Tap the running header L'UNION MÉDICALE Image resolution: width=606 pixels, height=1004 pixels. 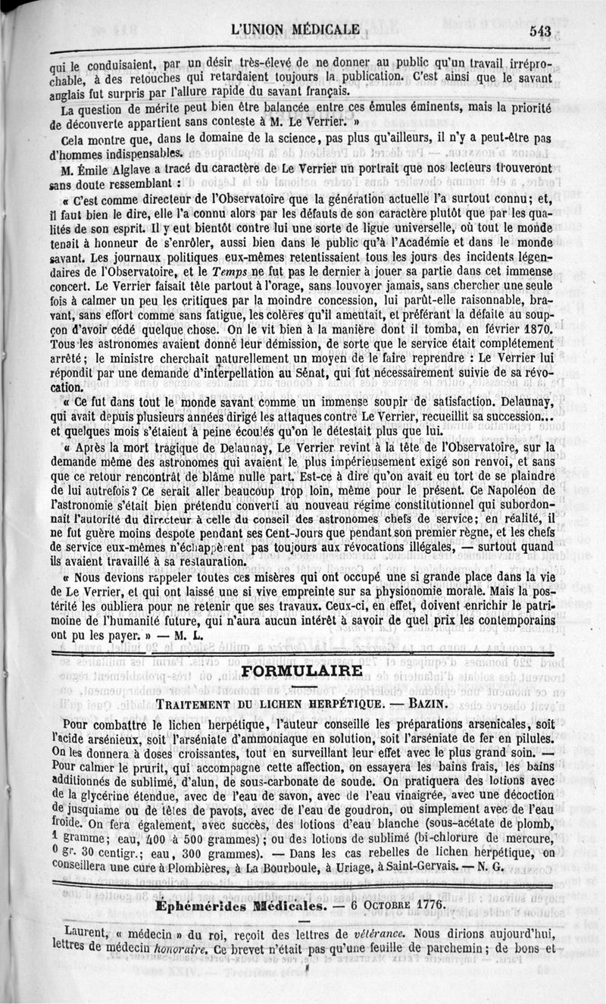(x=297, y=30)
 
